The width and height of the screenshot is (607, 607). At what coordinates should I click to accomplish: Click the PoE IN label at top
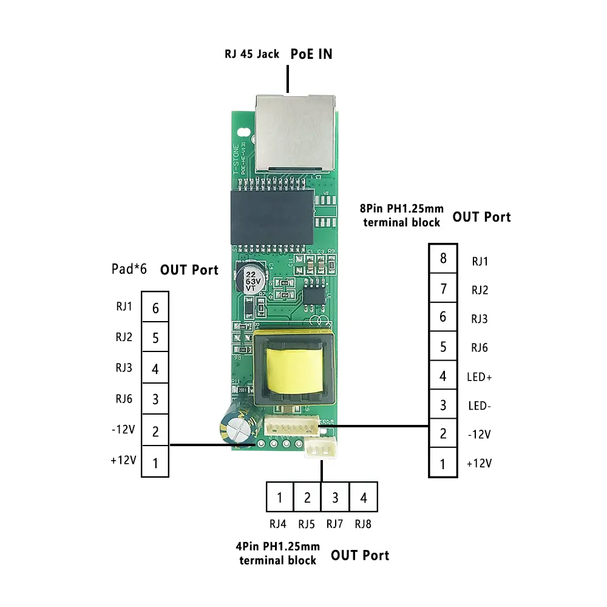coord(311,53)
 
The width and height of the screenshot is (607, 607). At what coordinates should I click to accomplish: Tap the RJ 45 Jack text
coord(252,54)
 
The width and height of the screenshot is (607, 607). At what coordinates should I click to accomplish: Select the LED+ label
coord(480,377)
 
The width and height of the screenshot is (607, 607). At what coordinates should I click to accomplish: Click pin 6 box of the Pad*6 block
coord(155,308)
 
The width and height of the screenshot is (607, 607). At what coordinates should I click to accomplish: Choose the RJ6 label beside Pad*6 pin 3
coord(124,399)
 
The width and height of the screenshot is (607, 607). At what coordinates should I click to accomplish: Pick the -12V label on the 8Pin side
coord(480,435)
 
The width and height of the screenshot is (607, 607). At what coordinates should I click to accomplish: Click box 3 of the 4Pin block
coord(335,498)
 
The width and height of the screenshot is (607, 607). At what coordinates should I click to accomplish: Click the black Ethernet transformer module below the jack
coord(271,215)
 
